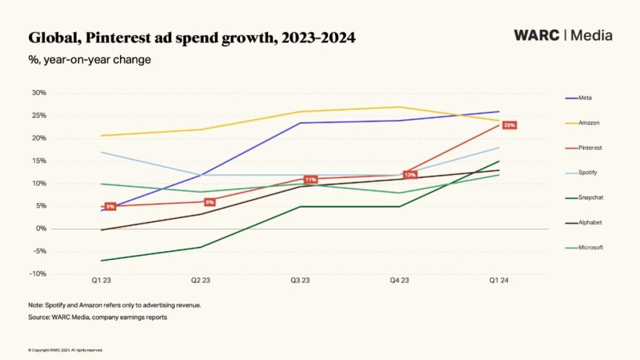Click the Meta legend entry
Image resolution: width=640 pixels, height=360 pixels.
point(584,98)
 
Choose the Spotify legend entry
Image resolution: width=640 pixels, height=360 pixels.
point(587,172)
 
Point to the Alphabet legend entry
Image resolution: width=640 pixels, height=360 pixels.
point(589,222)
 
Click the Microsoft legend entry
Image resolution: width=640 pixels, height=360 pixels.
point(590,247)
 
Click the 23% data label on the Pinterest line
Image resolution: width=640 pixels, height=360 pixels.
point(509,126)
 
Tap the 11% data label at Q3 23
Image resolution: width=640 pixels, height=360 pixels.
point(310,180)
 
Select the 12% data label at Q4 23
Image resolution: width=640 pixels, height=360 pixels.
point(410,175)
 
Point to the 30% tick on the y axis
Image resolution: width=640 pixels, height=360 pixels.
point(39,93)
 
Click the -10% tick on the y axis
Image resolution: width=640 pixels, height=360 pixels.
point(38,274)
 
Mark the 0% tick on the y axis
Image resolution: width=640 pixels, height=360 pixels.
point(41,229)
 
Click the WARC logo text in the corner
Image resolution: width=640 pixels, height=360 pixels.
point(536,35)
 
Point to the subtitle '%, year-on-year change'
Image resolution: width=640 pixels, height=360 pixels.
point(89,60)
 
